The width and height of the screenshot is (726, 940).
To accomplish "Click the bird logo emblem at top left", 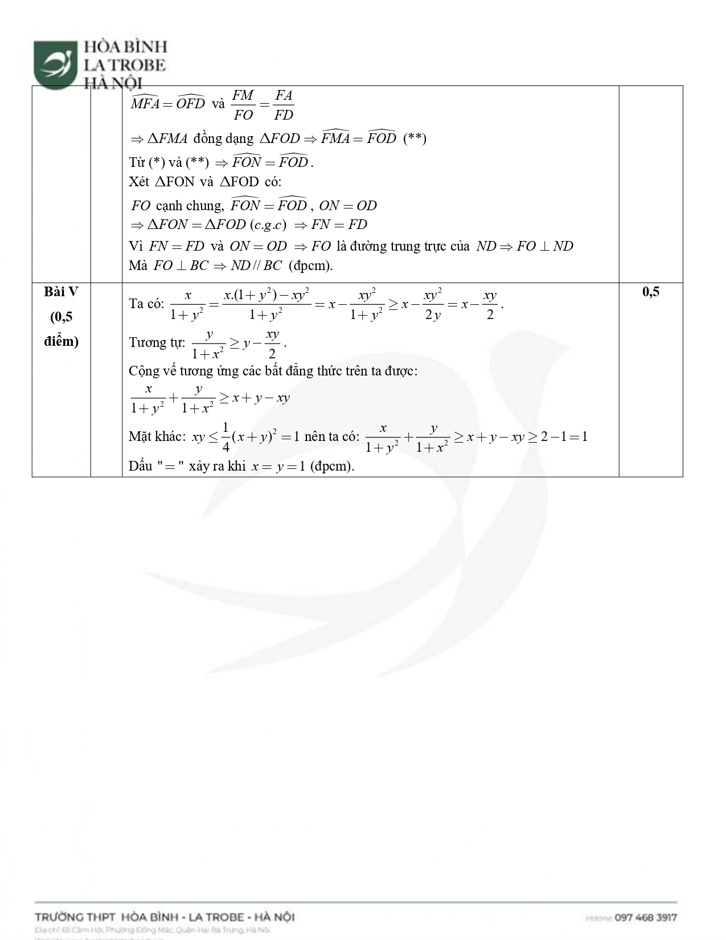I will tap(55, 63).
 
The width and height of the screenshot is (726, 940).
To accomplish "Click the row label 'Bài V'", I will tap(61, 292).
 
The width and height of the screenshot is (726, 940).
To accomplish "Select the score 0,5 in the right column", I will tap(650, 292).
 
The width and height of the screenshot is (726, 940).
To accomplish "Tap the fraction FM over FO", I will tap(243, 105).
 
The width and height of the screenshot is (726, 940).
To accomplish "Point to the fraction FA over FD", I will tap(283, 105).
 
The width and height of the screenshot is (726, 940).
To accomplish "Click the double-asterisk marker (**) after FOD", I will tap(415, 138).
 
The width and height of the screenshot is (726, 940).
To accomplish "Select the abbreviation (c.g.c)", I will tap(268, 224).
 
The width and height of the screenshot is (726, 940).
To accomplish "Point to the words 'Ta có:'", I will tap(146, 304).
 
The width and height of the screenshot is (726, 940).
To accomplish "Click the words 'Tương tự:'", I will tap(157, 342).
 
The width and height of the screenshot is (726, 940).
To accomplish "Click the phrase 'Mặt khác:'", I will tap(157, 437).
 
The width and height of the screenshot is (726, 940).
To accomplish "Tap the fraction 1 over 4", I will tap(225, 437).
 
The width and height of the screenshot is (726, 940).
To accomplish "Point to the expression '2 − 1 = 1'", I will tap(564, 437).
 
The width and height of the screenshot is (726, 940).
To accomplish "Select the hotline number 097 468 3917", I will tap(646, 917).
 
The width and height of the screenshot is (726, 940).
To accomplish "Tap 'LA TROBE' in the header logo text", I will tap(125, 65).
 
